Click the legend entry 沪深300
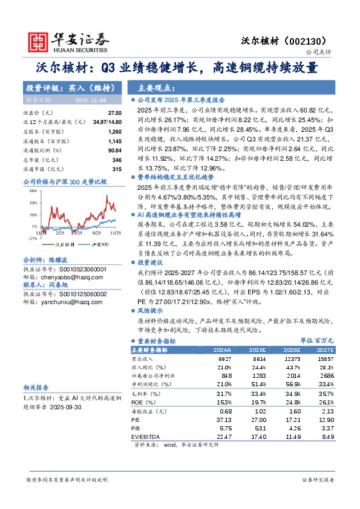coord(99,244)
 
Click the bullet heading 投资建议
coord(151,264)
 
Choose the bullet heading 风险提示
coord(151,309)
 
